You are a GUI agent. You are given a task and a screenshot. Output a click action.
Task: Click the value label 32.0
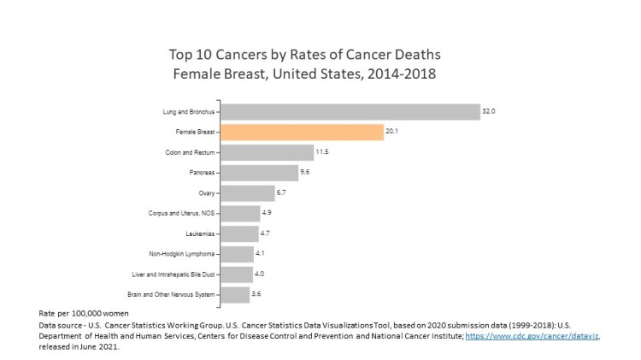(x=489, y=112)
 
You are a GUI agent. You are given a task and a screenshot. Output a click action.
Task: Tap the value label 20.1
(x=392, y=133)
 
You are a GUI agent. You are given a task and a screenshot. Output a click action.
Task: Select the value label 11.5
(x=323, y=152)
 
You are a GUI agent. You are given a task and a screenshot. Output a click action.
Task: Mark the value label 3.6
(x=257, y=294)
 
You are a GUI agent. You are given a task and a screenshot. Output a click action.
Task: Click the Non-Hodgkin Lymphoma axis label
(x=182, y=254)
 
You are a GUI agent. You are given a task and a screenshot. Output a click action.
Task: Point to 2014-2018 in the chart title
(x=400, y=74)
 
